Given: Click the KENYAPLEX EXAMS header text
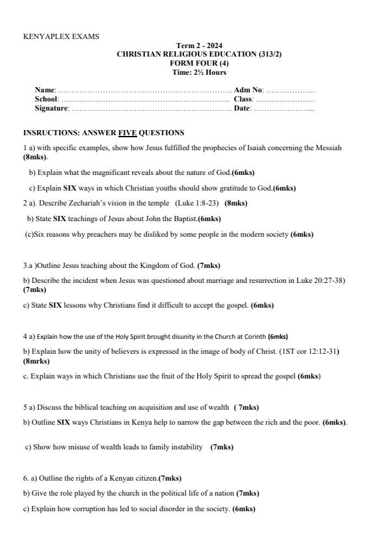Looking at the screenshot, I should click(61, 37).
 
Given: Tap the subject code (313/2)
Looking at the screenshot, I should click(269, 54).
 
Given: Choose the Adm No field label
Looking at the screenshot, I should click(248, 89).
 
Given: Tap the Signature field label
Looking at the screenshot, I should click(51, 108).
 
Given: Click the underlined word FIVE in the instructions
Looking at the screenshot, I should click(127, 133).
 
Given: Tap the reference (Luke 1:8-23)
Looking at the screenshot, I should click(198, 203).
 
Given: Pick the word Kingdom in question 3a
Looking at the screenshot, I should click(152, 265).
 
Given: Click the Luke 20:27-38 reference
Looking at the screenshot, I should click(320, 280).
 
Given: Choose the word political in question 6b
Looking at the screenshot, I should click(164, 493).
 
